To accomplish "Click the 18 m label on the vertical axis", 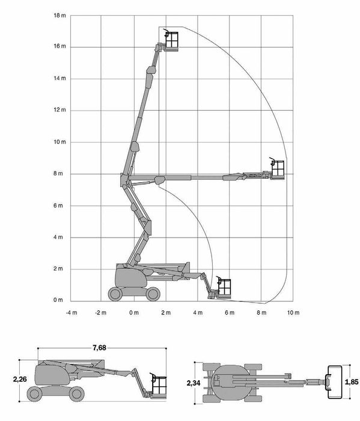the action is (59, 15).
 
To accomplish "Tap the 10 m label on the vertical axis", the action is (59, 142).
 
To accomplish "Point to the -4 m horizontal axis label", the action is (72, 313).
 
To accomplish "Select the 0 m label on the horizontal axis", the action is (134, 313).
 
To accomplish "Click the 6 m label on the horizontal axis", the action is (230, 313).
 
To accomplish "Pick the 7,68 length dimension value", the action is (100, 348).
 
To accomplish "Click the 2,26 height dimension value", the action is (20, 379).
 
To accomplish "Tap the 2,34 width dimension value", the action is (194, 383).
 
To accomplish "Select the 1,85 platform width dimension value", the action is (352, 381).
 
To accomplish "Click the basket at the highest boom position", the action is (171, 40).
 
